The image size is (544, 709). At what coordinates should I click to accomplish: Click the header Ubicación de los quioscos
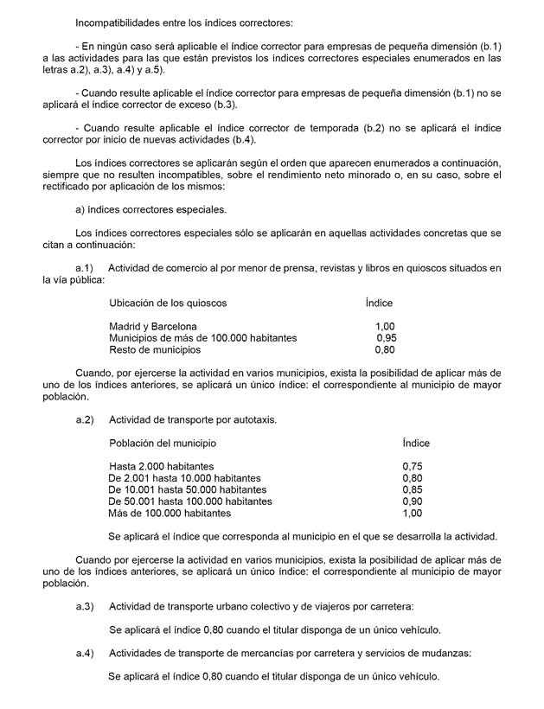168,303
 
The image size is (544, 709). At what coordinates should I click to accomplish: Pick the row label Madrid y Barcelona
153,326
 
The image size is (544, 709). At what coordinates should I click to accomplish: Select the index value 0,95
386,338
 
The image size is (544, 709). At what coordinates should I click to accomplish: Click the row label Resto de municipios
155,350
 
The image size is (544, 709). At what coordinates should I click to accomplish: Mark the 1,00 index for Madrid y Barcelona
385,326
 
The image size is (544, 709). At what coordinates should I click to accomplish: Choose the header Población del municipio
163,443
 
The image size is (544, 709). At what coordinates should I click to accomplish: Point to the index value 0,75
413,466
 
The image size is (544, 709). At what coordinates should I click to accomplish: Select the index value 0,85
413,489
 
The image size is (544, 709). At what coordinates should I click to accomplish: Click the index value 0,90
413,501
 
